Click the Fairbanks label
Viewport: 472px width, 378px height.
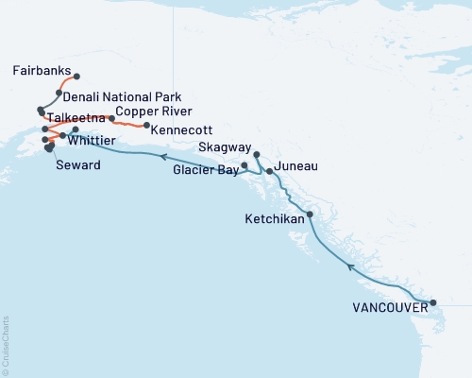(41, 70)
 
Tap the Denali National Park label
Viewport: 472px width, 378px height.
(122, 96)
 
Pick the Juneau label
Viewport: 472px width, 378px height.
(295, 166)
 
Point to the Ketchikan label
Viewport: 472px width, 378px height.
(277, 218)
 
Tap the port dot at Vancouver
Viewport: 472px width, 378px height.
(433, 303)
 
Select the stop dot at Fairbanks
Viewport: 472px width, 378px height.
(76, 77)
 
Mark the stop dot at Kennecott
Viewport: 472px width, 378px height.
(146, 125)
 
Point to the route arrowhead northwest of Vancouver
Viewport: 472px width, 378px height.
(351, 267)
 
